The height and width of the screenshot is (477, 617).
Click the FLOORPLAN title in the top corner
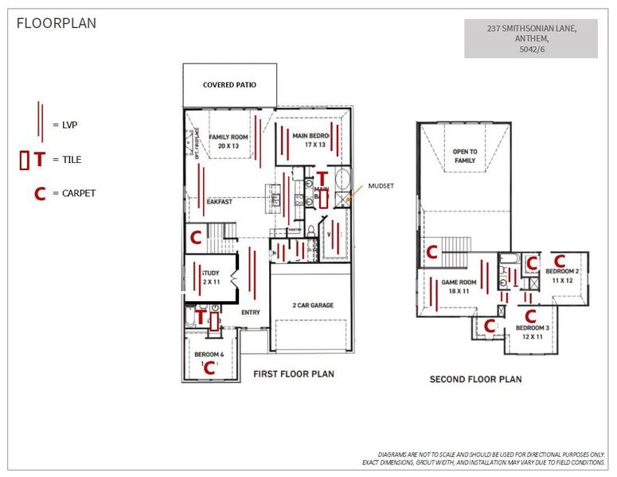[57, 23]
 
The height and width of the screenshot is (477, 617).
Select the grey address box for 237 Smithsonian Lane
[531, 39]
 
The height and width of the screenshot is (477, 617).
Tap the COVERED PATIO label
[229, 85]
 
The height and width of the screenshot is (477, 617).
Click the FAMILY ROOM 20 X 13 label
[228, 141]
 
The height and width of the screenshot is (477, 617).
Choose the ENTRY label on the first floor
[251, 312]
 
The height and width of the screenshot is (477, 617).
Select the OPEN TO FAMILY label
[464, 156]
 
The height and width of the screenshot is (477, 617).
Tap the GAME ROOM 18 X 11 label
[459, 287]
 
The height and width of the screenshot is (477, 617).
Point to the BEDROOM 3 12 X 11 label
[531, 332]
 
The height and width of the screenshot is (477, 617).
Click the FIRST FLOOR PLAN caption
[293, 374]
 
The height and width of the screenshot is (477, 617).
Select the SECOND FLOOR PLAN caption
[475, 379]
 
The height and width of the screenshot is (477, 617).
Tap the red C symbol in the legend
[38, 193]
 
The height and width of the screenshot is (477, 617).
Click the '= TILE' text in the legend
[67, 159]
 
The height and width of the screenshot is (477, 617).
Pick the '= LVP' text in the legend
[65, 124]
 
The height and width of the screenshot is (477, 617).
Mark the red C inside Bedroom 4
[209, 367]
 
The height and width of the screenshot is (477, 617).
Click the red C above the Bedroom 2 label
[560, 260]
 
